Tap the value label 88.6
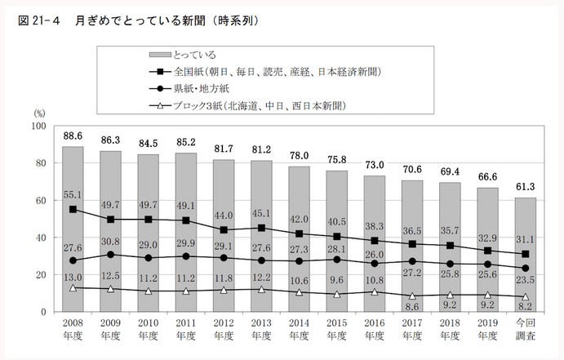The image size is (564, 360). pyautogui.click(x=73, y=136)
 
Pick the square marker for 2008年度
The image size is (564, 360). pyautogui.click(x=73, y=210)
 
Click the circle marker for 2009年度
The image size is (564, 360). pyautogui.click(x=110, y=255)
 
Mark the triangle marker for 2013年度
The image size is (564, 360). pyautogui.click(x=262, y=289)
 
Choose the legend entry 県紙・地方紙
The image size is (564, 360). pyautogui.click(x=204, y=88)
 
